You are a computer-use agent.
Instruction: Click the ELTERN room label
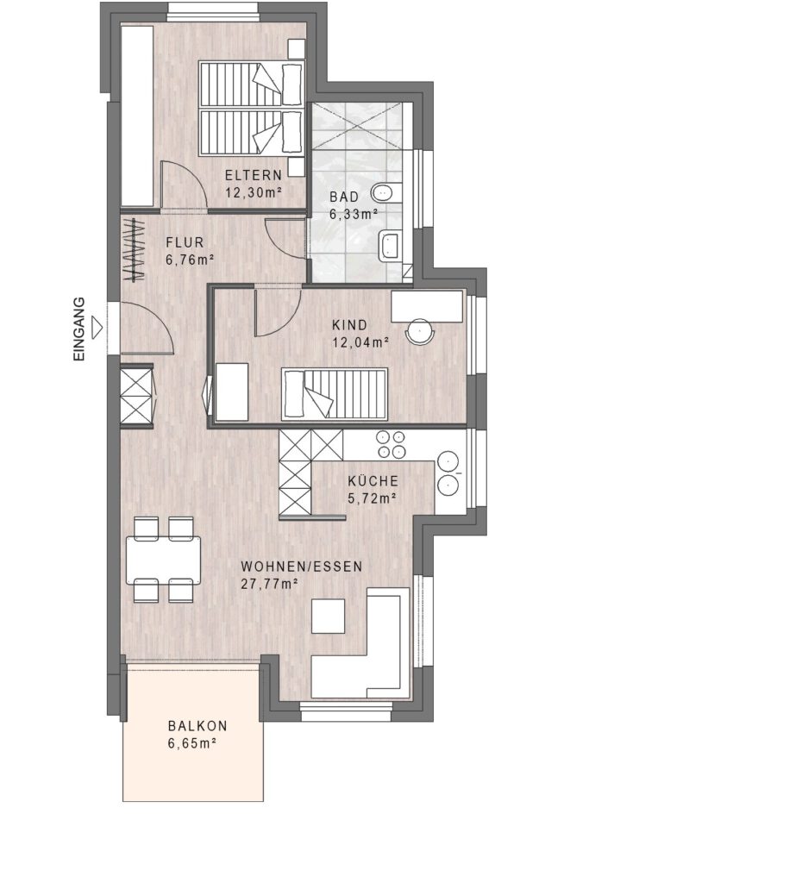(254, 175)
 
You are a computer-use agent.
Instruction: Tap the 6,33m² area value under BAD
(353, 214)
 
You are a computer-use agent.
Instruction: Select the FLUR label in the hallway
(185, 242)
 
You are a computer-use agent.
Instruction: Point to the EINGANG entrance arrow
(98, 327)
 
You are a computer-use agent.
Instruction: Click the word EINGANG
(79, 329)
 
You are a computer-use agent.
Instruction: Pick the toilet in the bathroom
(386, 193)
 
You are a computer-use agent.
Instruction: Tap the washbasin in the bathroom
(390, 246)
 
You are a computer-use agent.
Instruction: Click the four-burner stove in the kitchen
(391, 444)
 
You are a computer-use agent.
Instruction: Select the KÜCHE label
(373, 481)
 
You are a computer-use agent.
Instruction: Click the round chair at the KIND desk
(420, 332)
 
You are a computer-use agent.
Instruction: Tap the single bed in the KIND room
(335, 394)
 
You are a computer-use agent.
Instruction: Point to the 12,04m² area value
(361, 342)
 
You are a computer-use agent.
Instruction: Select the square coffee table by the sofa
(329, 616)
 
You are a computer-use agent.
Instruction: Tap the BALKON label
(197, 726)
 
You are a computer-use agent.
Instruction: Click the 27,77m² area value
(269, 584)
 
